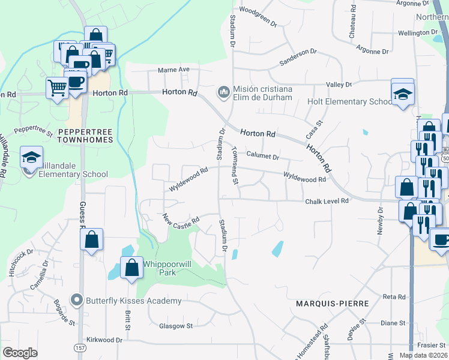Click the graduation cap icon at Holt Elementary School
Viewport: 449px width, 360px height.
click(403, 94)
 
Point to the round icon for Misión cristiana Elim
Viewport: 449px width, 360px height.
click(223, 92)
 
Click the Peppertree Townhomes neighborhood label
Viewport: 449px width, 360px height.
click(85, 135)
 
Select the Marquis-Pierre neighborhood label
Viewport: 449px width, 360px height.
click(332, 304)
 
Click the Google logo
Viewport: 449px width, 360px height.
click(20, 352)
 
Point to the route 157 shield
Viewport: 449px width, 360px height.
click(80, 348)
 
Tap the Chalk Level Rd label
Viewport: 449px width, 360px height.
click(327, 202)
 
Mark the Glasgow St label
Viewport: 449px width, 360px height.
click(175, 326)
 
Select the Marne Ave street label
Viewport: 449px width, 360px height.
click(173, 70)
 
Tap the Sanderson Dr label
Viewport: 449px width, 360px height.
click(298, 58)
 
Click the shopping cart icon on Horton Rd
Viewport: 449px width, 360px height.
click(57, 88)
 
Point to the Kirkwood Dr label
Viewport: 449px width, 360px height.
click(104, 340)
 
